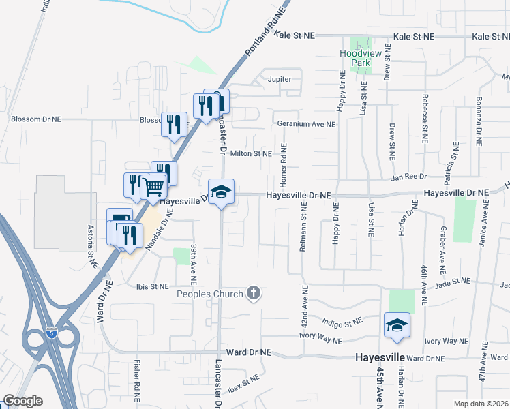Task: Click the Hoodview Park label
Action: (x=355, y=58)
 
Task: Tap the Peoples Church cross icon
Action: (x=254, y=294)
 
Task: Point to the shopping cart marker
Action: (x=154, y=185)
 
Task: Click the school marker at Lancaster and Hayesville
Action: (x=221, y=192)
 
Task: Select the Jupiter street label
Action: (x=280, y=79)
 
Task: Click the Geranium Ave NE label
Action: (x=306, y=125)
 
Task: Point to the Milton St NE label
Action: (x=250, y=154)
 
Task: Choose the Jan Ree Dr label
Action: (x=408, y=177)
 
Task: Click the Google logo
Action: (x=22, y=401)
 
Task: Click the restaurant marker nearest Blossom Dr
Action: (x=174, y=124)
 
